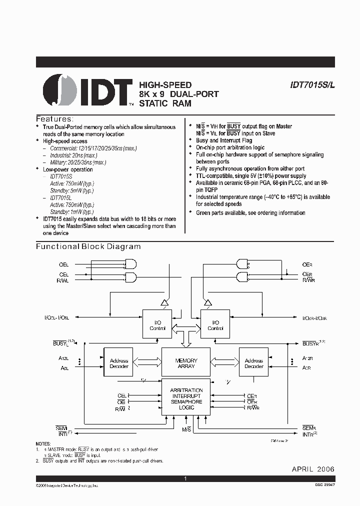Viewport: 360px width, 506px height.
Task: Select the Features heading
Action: pos(54,119)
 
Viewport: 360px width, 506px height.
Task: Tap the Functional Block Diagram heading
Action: pos(88,246)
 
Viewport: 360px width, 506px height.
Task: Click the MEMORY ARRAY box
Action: pos(186,363)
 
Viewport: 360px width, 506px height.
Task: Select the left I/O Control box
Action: pos(157,325)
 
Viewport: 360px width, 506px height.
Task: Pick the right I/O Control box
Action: pos(215,325)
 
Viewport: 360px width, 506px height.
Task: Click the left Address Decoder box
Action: pos(119,363)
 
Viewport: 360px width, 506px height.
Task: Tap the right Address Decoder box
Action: pos(253,363)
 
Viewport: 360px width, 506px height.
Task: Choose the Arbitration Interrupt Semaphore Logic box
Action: pos(186,398)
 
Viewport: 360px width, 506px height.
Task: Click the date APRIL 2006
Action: pos(313,469)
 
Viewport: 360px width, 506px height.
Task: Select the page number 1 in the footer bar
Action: pos(185,479)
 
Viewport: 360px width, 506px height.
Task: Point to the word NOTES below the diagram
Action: pos(43,444)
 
